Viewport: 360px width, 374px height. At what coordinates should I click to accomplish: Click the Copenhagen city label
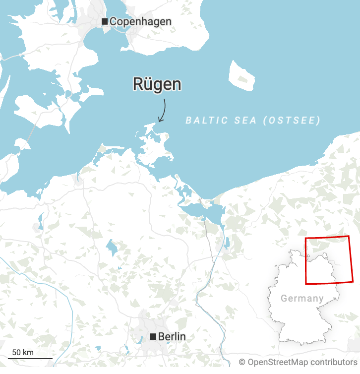[x=140, y=21]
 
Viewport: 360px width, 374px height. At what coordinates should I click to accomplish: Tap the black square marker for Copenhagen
[x=105, y=21]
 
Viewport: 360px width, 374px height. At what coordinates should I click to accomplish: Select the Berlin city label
[x=172, y=337]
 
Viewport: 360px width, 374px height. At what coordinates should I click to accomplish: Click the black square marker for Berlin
[x=153, y=337]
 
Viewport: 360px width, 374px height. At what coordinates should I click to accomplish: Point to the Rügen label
[x=157, y=84]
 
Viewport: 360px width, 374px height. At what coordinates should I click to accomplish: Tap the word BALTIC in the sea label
[x=204, y=120]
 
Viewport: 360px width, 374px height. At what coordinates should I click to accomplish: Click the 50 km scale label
[x=23, y=352]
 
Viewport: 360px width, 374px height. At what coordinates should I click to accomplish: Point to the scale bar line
[x=30, y=358]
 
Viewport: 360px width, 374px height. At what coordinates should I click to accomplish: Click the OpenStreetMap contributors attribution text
[x=298, y=363]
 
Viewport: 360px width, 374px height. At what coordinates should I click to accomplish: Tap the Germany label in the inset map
[x=302, y=299]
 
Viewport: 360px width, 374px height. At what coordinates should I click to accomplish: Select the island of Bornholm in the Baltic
[x=241, y=76]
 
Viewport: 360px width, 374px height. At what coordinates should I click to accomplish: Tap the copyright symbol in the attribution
[x=242, y=363]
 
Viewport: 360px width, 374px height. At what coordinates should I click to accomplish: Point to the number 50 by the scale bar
[x=16, y=352]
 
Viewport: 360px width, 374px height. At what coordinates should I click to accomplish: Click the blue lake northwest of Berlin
[x=112, y=247]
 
